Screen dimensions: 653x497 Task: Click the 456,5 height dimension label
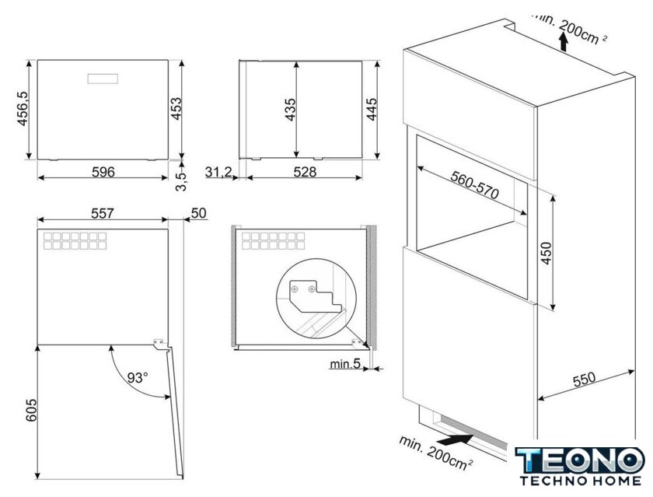(x=22, y=109)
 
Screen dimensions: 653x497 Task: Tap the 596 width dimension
(x=103, y=172)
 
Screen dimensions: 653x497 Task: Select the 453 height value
(x=176, y=109)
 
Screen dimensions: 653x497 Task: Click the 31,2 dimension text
(x=218, y=172)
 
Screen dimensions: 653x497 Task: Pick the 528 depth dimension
(x=305, y=172)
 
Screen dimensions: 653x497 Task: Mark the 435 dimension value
(x=290, y=110)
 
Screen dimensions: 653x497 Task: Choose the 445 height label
(x=371, y=109)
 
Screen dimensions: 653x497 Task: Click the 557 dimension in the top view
(x=103, y=213)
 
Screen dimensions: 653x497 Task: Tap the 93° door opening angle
(x=138, y=378)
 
